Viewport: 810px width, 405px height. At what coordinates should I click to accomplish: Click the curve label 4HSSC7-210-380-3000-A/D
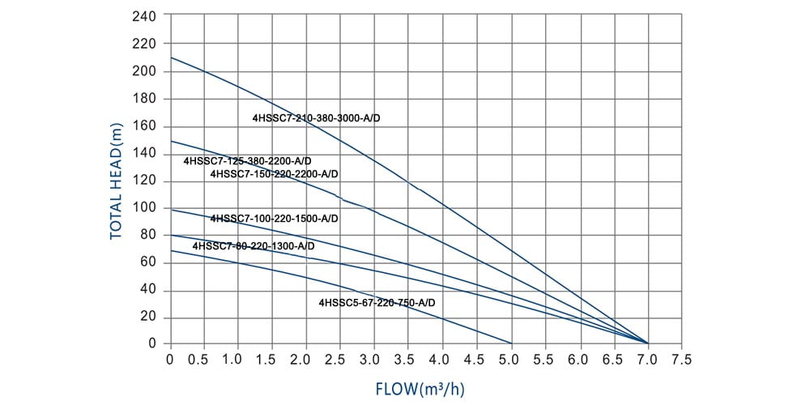(316, 118)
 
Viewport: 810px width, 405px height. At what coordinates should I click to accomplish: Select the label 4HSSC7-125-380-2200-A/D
(247, 161)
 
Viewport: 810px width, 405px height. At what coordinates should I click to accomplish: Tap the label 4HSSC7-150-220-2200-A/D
(274, 174)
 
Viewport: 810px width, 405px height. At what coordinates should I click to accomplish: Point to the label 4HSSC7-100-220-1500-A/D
(274, 219)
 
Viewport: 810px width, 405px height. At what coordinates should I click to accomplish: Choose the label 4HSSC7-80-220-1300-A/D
(253, 245)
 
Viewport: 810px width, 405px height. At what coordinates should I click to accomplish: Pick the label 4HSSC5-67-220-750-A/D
(377, 302)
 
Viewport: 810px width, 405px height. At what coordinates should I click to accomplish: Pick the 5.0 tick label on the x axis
(511, 357)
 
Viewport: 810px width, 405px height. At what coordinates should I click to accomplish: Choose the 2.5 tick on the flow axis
(341, 357)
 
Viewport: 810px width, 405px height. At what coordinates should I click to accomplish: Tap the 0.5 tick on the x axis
(204, 357)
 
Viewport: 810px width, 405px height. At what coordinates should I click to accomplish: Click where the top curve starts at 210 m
(170, 58)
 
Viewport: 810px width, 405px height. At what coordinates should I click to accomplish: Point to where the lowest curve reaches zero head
(511, 343)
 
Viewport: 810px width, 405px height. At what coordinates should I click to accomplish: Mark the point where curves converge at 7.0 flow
(647, 343)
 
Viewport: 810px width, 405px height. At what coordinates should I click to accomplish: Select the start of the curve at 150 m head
(170, 140)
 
